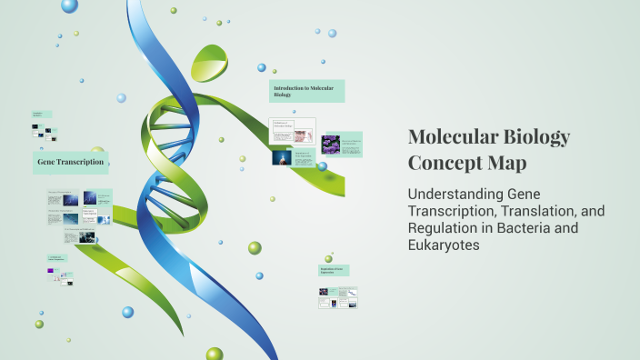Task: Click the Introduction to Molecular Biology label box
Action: point(307,90)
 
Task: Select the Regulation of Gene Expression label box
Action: point(334,270)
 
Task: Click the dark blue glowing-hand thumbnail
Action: point(282,157)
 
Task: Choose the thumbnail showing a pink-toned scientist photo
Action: point(303,135)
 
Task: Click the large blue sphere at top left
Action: point(70,6)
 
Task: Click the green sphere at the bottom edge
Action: point(215,354)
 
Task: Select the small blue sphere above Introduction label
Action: point(261,67)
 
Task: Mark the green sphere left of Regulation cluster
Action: point(255,247)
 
